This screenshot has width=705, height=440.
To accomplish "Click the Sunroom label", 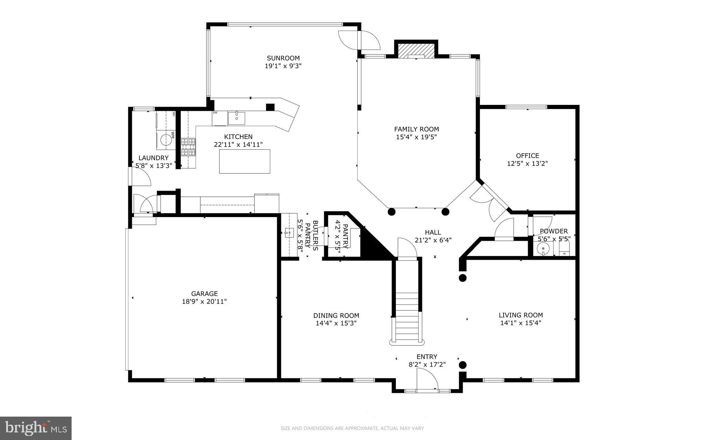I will [x=283, y=58].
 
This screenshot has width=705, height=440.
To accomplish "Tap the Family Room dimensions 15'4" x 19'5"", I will [x=416, y=137].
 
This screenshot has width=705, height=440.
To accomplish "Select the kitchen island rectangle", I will [x=244, y=161].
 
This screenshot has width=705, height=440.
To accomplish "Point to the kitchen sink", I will [x=236, y=118].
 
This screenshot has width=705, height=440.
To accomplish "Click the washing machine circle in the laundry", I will [x=166, y=140].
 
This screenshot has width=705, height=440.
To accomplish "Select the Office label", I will [x=527, y=155].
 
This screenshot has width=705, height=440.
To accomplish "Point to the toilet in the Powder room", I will [x=564, y=248].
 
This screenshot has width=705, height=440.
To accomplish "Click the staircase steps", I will [x=407, y=315].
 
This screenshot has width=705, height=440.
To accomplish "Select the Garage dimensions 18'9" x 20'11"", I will [x=204, y=302].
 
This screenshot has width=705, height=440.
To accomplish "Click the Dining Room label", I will [x=336, y=315].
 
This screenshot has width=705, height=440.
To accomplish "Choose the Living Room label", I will [x=520, y=315].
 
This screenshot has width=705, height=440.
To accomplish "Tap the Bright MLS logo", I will [x=35, y=428].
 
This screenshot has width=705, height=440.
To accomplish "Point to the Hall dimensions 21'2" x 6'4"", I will [x=433, y=240].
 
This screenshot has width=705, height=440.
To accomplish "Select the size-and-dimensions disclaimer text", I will [x=352, y=428].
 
